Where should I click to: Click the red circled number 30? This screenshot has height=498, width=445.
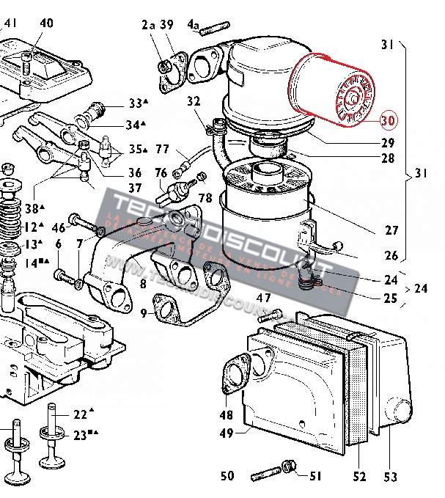pyautogui.click(x=388, y=121)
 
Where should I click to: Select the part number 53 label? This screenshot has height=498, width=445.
pyautogui.click(x=389, y=477)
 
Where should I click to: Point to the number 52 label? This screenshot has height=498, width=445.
pyautogui.click(x=358, y=477)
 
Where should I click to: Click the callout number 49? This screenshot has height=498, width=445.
pyautogui.click(x=227, y=433)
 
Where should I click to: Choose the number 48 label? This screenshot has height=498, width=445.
pyautogui.click(x=227, y=415)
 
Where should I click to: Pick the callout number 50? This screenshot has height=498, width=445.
pyautogui.click(x=227, y=477)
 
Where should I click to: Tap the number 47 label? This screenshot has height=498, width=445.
pyautogui.click(x=263, y=298)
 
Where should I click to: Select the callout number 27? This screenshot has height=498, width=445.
pyautogui.click(x=391, y=229)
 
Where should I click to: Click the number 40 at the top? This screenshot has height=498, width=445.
pyautogui.click(x=46, y=23)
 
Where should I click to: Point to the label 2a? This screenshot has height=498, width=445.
pyautogui.click(x=149, y=26)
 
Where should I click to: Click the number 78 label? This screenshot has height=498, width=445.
pyautogui.click(x=205, y=198)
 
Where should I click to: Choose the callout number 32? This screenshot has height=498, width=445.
pyautogui.click(x=194, y=101)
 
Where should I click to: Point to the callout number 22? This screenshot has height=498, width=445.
pyautogui.click(x=80, y=414)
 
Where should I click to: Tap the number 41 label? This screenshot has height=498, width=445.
pyautogui.click(x=10, y=23)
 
